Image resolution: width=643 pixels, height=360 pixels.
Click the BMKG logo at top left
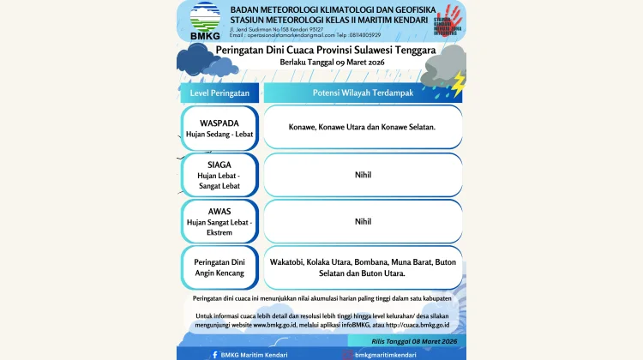[204, 21]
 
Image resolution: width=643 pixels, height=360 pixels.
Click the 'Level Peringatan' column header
[219, 92]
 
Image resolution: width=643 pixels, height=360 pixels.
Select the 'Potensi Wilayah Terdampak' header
[363, 92]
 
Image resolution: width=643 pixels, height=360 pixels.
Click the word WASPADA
[219, 122]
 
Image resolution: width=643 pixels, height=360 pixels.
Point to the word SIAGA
[219, 165]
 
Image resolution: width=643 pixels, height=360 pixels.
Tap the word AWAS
[219, 211]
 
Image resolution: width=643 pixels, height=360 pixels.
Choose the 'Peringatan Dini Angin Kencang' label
[219, 267]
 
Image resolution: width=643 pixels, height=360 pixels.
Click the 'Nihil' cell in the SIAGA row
[363, 174]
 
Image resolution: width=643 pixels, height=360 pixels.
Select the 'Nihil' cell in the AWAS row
[363, 221]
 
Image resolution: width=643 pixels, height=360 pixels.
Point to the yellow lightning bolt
[459, 83]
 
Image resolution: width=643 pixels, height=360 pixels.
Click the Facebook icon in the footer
[214, 354]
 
